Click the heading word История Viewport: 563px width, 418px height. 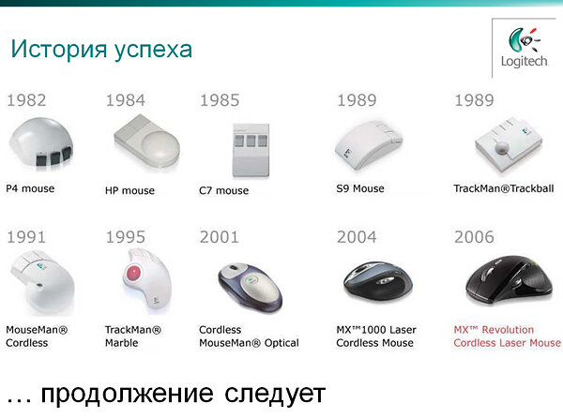[x=59, y=49]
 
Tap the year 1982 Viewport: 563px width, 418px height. [x=26, y=100]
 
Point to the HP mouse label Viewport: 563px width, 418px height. [x=130, y=190]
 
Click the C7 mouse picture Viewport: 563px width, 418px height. [x=251, y=150]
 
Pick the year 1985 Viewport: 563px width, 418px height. [x=220, y=100]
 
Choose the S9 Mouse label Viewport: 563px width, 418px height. [x=360, y=188]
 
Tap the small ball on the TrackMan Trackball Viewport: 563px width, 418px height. [x=502, y=147]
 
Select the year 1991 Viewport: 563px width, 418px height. [x=26, y=237]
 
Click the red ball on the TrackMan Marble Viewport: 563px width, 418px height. [x=133, y=274]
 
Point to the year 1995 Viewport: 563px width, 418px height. [x=126, y=237]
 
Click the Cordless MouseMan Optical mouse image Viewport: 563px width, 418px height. [x=251, y=287]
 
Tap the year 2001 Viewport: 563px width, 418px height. [x=220, y=237]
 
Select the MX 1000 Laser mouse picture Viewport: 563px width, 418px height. [x=378, y=282]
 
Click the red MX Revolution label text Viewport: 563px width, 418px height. [x=507, y=336]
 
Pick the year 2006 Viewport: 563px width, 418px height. [x=474, y=237]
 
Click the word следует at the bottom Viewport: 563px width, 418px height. [x=275, y=394]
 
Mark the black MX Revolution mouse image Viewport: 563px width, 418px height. [x=510, y=280]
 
